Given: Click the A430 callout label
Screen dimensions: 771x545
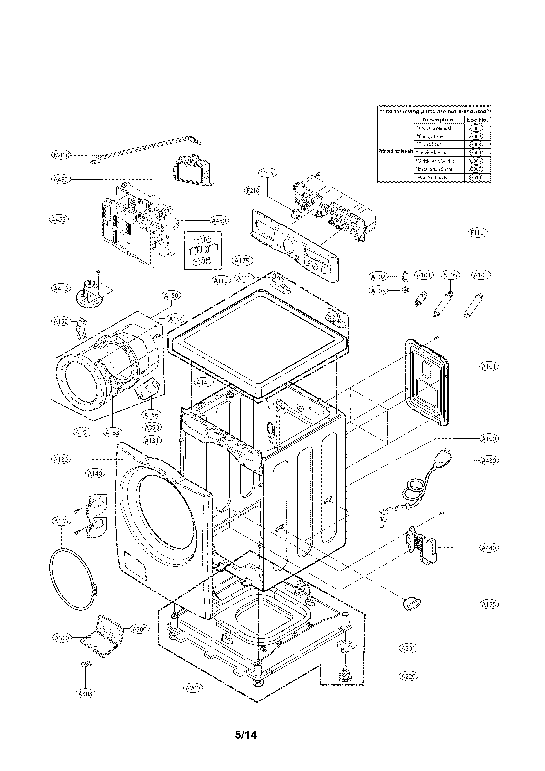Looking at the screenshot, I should click(489, 460).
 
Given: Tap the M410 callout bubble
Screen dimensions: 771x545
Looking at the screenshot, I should click(61, 155).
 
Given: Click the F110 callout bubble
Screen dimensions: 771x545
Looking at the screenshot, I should click(477, 232).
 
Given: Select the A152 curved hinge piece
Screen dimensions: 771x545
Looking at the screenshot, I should click(81, 328).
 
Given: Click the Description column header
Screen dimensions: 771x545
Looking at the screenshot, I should click(438, 120).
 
